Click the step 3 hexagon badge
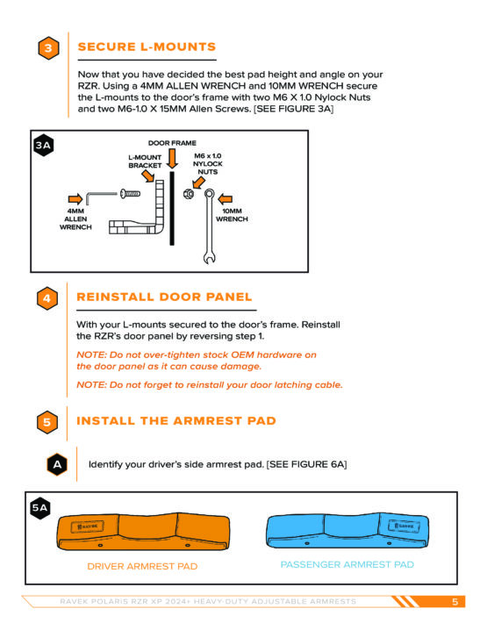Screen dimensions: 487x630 (x=48, y=48)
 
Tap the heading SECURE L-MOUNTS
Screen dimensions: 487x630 (x=147, y=47)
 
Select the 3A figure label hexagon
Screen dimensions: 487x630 (x=43, y=145)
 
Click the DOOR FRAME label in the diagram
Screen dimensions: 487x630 (x=172, y=143)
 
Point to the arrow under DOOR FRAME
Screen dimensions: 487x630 (x=172, y=158)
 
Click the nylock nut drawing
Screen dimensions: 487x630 (x=189, y=194)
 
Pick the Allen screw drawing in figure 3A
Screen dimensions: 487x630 (x=130, y=194)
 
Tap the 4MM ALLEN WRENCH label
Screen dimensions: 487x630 (x=75, y=219)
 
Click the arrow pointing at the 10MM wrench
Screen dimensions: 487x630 (x=225, y=198)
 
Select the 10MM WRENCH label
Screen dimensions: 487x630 (x=232, y=215)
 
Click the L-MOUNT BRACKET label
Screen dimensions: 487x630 (x=145, y=161)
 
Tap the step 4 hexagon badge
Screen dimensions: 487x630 (x=47, y=298)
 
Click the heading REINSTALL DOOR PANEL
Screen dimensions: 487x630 (x=164, y=297)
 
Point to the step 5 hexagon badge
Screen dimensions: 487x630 (x=47, y=422)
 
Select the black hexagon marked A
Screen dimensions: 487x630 (x=57, y=464)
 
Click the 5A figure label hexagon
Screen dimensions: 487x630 (x=39, y=508)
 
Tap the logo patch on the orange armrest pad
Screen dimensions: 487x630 (x=88, y=526)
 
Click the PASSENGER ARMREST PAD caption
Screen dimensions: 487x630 (x=347, y=564)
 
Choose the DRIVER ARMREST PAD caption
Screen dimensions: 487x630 (x=142, y=566)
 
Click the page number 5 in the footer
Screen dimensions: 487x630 (x=455, y=601)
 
